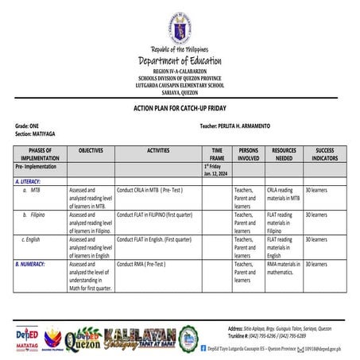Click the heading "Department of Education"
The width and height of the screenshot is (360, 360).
(179, 61)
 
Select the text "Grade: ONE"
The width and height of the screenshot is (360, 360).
(27, 126)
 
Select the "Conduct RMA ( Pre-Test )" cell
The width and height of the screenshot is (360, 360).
(141, 263)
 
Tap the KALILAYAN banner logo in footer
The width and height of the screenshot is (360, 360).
(140, 338)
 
